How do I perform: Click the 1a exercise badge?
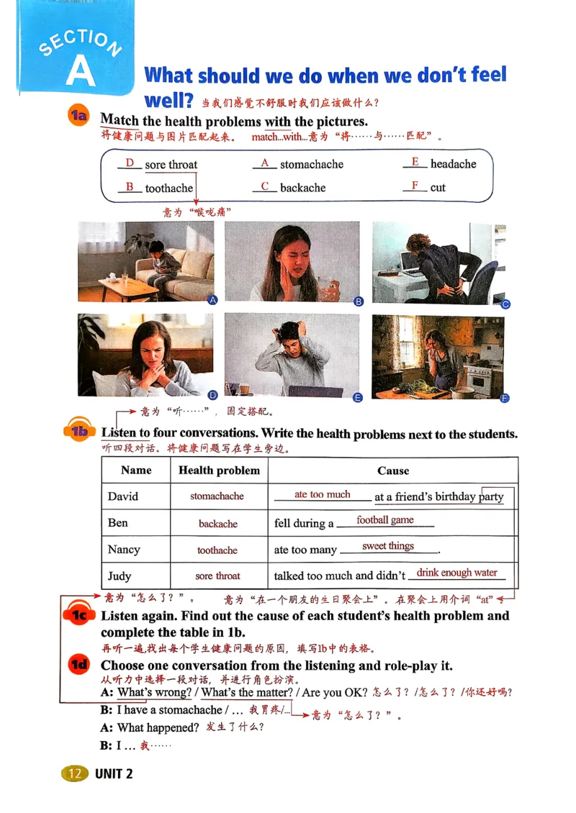click(78, 115)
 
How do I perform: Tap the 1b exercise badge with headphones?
click(79, 431)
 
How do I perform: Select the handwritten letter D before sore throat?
click(130, 163)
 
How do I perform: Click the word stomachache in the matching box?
click(311, 164)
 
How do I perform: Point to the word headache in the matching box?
click(453, 164)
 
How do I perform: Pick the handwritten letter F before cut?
click(415, 186)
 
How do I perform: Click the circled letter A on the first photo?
click(212, 301)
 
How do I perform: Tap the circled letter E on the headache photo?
click(357, 397)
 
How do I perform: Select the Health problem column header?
click(219, 471)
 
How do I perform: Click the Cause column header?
click(392, 471)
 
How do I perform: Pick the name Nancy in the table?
click(124, 549)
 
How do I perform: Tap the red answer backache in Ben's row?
click(218, 524)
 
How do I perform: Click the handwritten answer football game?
click(384, 519)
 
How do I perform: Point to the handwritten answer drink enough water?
click(456, 573)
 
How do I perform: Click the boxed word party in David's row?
click(492, 496)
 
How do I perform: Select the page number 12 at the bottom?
click(73, 773)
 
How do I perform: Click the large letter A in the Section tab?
click(80, 71)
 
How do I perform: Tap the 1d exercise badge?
click(78, 666)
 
